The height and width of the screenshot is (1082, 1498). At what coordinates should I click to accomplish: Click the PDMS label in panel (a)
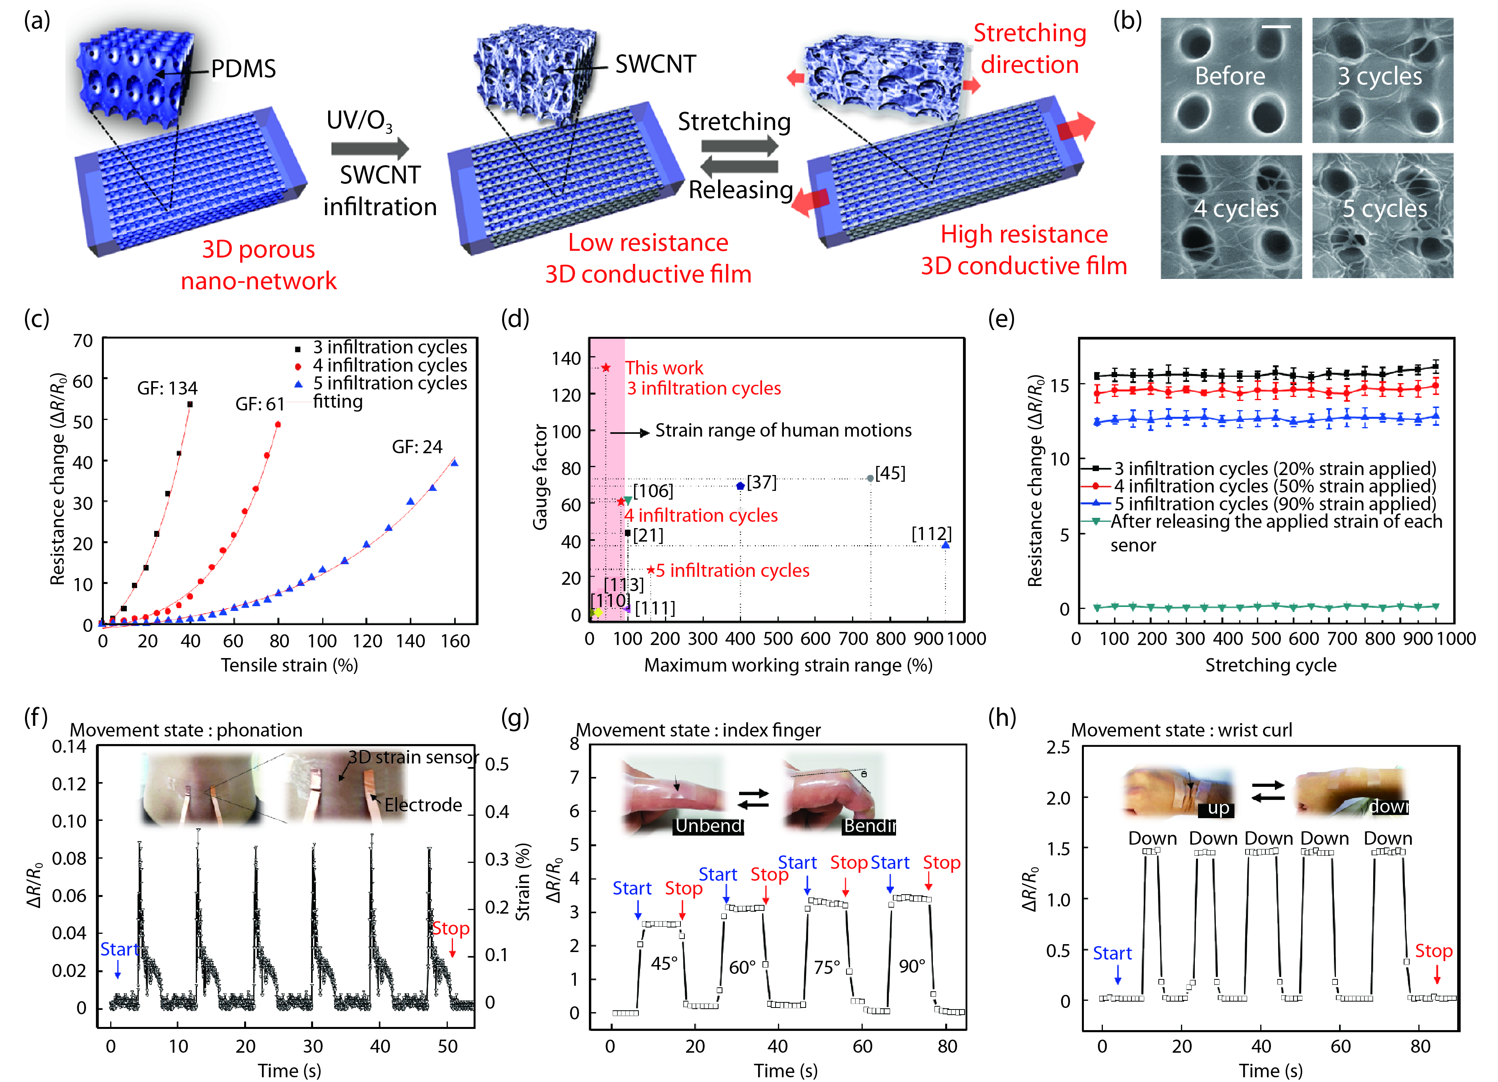pos(243,69)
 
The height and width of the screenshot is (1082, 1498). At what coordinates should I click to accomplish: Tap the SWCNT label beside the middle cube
pos(655,64)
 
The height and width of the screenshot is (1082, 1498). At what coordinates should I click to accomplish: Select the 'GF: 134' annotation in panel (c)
pos(167,388)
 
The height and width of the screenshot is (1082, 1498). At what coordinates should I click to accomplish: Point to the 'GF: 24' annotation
pos(417,447)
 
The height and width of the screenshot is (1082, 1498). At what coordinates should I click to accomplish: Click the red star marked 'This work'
pos(606,368)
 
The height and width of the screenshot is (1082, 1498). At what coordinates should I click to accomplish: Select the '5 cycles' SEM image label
pos(1384,209)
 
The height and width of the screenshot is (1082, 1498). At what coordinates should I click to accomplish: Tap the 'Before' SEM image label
pos(1230,76)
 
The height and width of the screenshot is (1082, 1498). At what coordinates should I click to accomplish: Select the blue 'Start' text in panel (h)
pos(1112,953)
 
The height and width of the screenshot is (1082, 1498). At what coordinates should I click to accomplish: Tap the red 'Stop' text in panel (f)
pos(451,929)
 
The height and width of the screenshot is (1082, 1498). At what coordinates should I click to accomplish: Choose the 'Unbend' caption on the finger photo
pos(709,826)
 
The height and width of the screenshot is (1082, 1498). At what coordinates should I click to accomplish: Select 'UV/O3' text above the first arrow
pos(359,121)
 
